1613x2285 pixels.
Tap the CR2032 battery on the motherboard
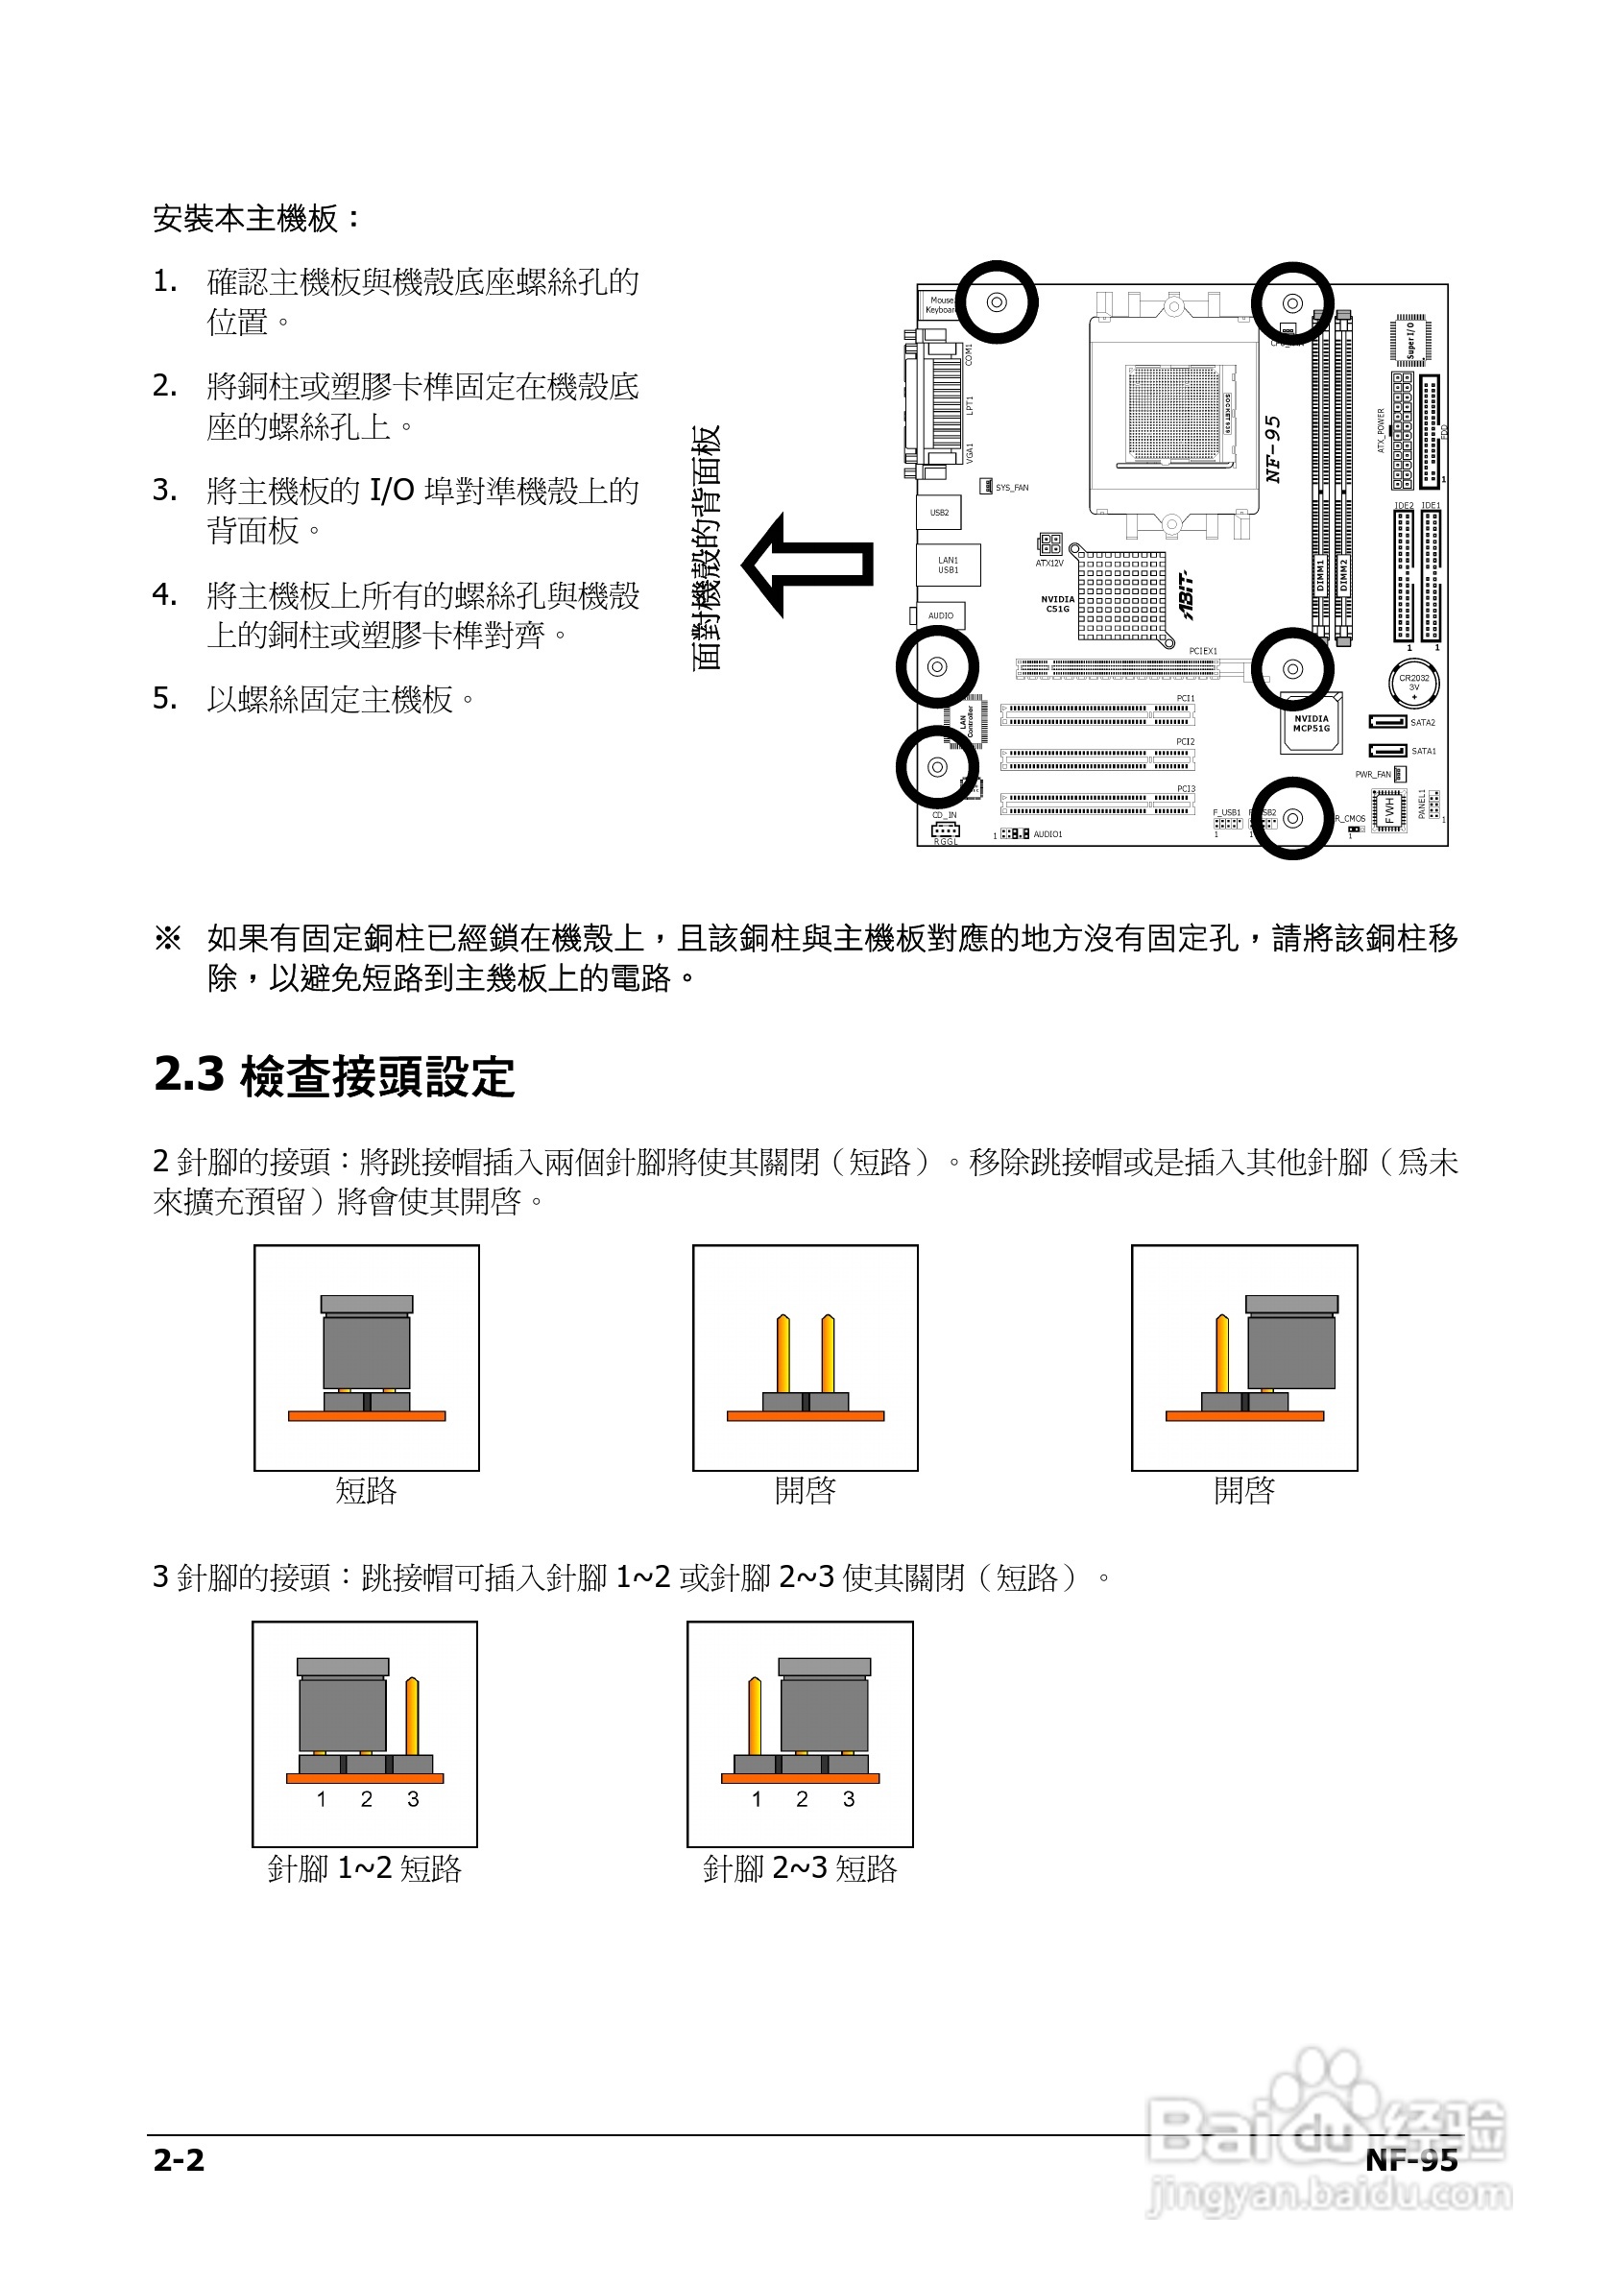1413,683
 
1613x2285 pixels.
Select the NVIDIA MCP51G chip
1311,724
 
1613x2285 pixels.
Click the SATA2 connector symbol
1387,722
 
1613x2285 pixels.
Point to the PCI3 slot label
1185,788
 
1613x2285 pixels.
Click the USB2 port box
938,513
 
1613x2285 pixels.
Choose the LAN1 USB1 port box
948,565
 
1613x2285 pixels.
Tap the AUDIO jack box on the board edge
940,616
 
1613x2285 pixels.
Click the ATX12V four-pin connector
1048,543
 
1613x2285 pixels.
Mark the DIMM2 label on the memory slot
1343,575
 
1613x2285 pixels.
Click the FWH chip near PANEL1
1389,810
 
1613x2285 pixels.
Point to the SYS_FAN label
1012,488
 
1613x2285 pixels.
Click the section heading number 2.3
189,1075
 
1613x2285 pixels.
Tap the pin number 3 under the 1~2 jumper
413,1798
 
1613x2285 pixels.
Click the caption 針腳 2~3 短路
800,1868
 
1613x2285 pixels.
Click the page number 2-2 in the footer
180,2158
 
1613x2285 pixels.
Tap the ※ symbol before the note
167,937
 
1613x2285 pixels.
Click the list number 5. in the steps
165,699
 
